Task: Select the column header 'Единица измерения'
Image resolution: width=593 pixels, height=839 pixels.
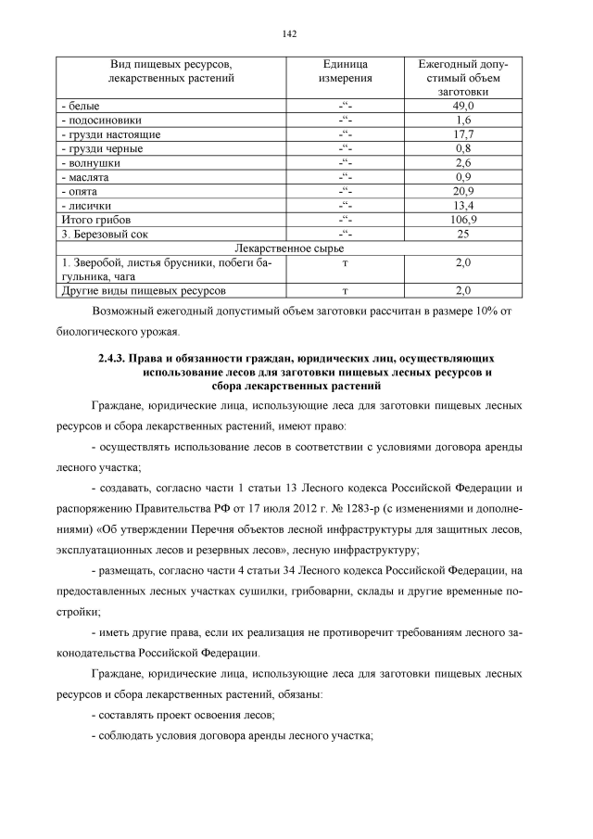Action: [345, 71]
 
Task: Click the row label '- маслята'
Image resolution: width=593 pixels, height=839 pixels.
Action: [84, 177]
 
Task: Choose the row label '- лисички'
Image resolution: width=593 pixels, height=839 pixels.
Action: [86, 205]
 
